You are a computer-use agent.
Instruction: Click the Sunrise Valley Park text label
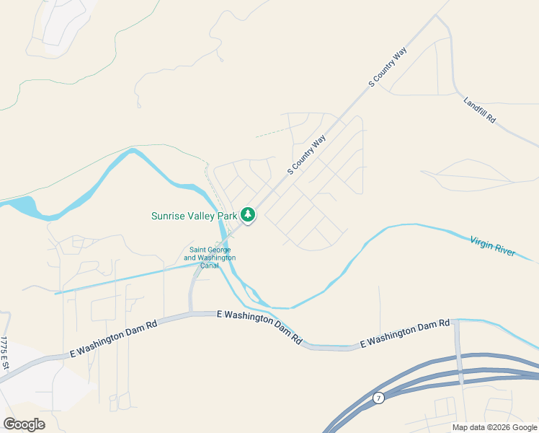[x=194, y=216]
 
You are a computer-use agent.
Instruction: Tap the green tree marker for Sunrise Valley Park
[x=248, y=214]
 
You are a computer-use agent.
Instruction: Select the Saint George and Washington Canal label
[x=210, y=257]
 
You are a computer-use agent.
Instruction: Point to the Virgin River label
[x=492, y=245]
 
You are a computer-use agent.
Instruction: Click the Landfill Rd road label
[x=480, y=109]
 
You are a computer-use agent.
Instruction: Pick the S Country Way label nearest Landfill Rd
[x=388, y=67]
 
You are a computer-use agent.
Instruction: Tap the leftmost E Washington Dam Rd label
[x=113, y=339]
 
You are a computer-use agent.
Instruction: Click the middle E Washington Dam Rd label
[x=259, y=327]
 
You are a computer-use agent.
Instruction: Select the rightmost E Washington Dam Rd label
[x=405, y=333]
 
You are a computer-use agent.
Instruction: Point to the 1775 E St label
[x=4, y=354]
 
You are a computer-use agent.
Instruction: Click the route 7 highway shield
[x=378, y=398]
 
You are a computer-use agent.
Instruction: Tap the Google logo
[x=24, y=424]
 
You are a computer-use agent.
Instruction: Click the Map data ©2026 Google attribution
[x=494, y=427]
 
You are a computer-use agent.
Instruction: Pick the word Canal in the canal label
[x=210, y=266]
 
